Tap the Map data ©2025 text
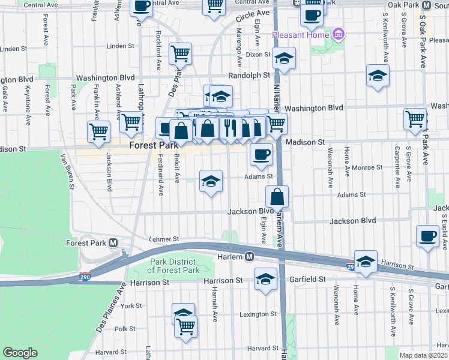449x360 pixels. (x=423, y=355)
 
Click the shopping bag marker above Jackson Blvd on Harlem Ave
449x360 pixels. (x=277, y=196)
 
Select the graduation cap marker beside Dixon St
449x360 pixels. (x=284, y=58)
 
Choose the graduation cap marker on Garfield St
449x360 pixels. (x=265, y=278)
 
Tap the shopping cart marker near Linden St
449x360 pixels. (x=180, y=53)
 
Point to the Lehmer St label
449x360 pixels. (x=164, y=239)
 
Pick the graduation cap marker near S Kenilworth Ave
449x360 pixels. (x=378, y=75)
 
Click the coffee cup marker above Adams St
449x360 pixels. (x=261, y=154)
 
